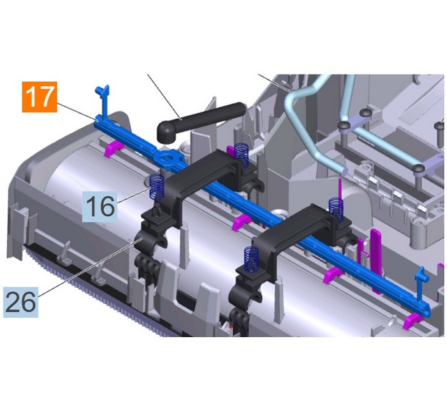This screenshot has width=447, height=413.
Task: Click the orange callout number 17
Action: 39,97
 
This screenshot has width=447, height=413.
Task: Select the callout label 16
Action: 100,206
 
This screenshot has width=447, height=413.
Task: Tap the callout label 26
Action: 21,302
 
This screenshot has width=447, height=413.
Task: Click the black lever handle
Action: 201,122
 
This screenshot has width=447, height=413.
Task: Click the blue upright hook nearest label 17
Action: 102,103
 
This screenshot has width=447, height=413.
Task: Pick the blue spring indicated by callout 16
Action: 157,187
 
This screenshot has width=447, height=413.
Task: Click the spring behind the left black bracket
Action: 241,154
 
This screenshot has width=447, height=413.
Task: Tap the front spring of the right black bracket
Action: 252,259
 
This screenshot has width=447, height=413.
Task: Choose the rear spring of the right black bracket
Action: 336,210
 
